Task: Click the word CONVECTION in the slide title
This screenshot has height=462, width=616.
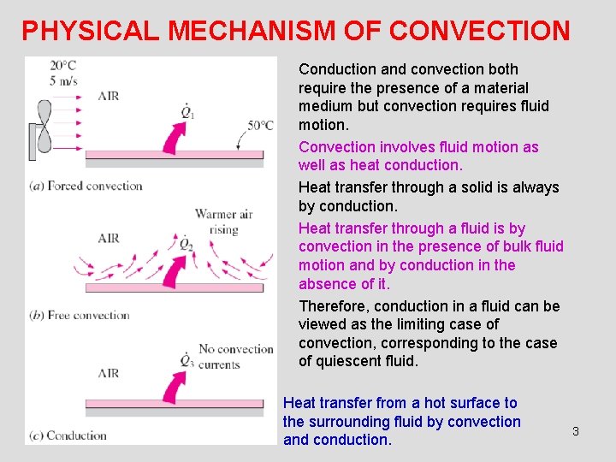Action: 479,31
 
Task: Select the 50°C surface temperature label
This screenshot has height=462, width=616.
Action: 260,125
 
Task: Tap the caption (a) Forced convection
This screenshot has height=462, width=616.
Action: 86,186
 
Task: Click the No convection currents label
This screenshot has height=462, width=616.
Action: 235,357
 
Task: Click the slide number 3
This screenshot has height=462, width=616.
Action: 575,431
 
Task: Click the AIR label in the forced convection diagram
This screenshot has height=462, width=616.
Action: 109,96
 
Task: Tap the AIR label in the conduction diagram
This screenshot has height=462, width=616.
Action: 109,373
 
